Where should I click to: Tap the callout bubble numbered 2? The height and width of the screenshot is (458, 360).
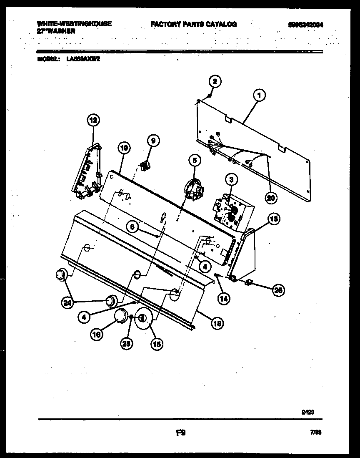pos(215,81)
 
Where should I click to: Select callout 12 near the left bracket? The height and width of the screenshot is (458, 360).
pos(93,121)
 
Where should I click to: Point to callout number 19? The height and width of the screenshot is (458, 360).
pos(124,147)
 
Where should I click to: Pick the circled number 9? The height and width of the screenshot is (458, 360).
pos(153,141)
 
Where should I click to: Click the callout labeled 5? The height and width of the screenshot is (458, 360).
pos(194,160)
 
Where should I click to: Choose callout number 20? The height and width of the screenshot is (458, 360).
pos(271,198)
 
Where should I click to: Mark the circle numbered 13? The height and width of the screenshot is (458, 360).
pos(274,219)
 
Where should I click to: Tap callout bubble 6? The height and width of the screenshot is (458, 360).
pos(132,226)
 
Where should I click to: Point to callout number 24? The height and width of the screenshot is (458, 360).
pos(67,303)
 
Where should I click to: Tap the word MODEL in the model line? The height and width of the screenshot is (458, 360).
pos(49,59)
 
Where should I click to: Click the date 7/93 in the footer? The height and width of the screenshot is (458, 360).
pos(316,433)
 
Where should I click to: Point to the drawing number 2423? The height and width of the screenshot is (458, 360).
pos(307,412)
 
